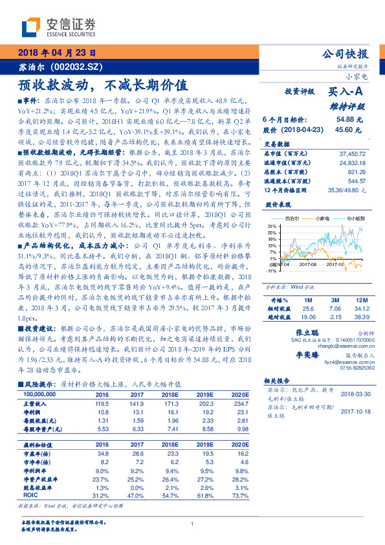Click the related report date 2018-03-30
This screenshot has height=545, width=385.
[x=355, y=394]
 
